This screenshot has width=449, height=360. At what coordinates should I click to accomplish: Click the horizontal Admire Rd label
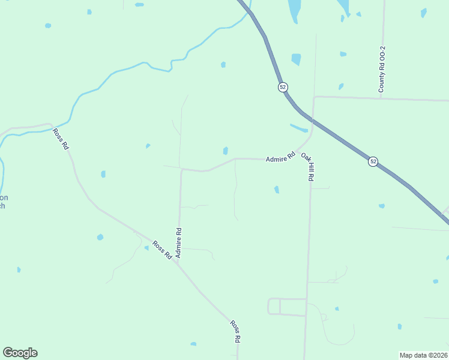point(281,157)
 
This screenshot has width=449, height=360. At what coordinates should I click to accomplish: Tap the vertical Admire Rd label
point(178,242)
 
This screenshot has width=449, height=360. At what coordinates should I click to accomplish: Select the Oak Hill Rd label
point(308,166)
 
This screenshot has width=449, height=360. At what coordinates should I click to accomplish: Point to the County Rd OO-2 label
point(381,69)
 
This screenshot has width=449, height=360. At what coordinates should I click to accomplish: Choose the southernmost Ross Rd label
point(235,331)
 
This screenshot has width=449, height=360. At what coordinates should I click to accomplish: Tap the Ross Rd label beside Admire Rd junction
point(161,250)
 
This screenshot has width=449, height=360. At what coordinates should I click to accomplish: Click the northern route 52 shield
point(283,87)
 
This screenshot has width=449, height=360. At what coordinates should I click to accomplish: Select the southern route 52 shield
point(373,162)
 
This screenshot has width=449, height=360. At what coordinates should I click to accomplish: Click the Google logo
point(20,353)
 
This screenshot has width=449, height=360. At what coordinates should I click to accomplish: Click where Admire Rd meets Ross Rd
point(177,262)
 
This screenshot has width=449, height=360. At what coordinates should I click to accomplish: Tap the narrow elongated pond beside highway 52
point(298,128)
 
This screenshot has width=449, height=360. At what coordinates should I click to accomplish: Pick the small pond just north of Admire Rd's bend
point(225,151)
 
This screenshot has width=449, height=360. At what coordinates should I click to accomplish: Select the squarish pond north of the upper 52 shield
point(296,59)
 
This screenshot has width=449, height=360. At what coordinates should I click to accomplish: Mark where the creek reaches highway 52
point(248,13)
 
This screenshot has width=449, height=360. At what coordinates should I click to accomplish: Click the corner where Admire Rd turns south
point(182,170)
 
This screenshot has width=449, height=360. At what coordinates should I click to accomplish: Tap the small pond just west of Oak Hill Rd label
point(277,190)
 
